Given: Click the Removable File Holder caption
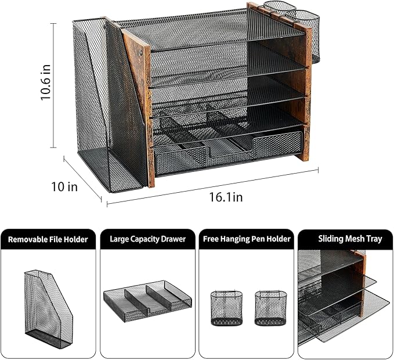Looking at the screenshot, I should [x=48, y=239].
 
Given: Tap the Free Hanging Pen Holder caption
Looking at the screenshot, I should [x=246, y=239].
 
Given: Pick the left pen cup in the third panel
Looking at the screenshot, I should [x=223, y=308].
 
